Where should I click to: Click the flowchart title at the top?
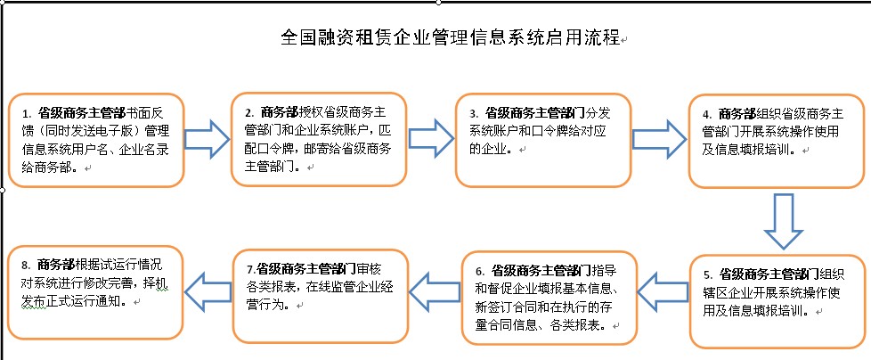coord(450,37)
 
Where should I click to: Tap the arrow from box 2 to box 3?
coord(431,138)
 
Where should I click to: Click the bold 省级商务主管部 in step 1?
coord(81,113)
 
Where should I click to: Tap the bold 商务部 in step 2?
coord(280,111)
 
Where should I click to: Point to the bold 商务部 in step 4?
coord(737,114)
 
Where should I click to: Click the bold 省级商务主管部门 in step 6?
coord(541,271)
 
